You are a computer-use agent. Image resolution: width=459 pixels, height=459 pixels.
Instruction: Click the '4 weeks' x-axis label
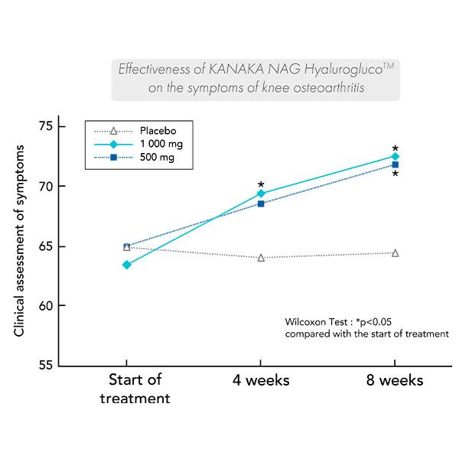(261, 380)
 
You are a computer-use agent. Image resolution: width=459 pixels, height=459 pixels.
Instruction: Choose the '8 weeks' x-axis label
(395, 380)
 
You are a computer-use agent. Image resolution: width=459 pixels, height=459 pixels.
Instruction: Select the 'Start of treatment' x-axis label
(135, 389)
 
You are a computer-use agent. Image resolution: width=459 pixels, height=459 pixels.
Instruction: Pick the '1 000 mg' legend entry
(161, 144)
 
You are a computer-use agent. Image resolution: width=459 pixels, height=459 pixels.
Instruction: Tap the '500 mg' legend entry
(156, 158)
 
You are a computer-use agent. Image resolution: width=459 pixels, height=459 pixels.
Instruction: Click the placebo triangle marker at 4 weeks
(261, 258)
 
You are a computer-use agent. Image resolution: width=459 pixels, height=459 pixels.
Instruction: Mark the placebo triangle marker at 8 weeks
(395, 252)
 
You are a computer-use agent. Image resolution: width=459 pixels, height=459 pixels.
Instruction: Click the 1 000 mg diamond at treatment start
(126, 265)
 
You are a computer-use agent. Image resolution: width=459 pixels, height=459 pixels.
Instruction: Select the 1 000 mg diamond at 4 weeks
(261, 194)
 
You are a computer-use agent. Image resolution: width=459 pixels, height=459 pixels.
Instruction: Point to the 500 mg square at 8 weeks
(395, 164)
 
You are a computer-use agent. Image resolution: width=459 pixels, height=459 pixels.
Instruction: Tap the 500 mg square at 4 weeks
(261, 203)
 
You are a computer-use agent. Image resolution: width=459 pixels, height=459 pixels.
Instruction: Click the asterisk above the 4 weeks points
(261, 185)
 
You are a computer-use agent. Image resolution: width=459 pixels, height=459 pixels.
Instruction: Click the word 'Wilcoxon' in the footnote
(305, 322)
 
